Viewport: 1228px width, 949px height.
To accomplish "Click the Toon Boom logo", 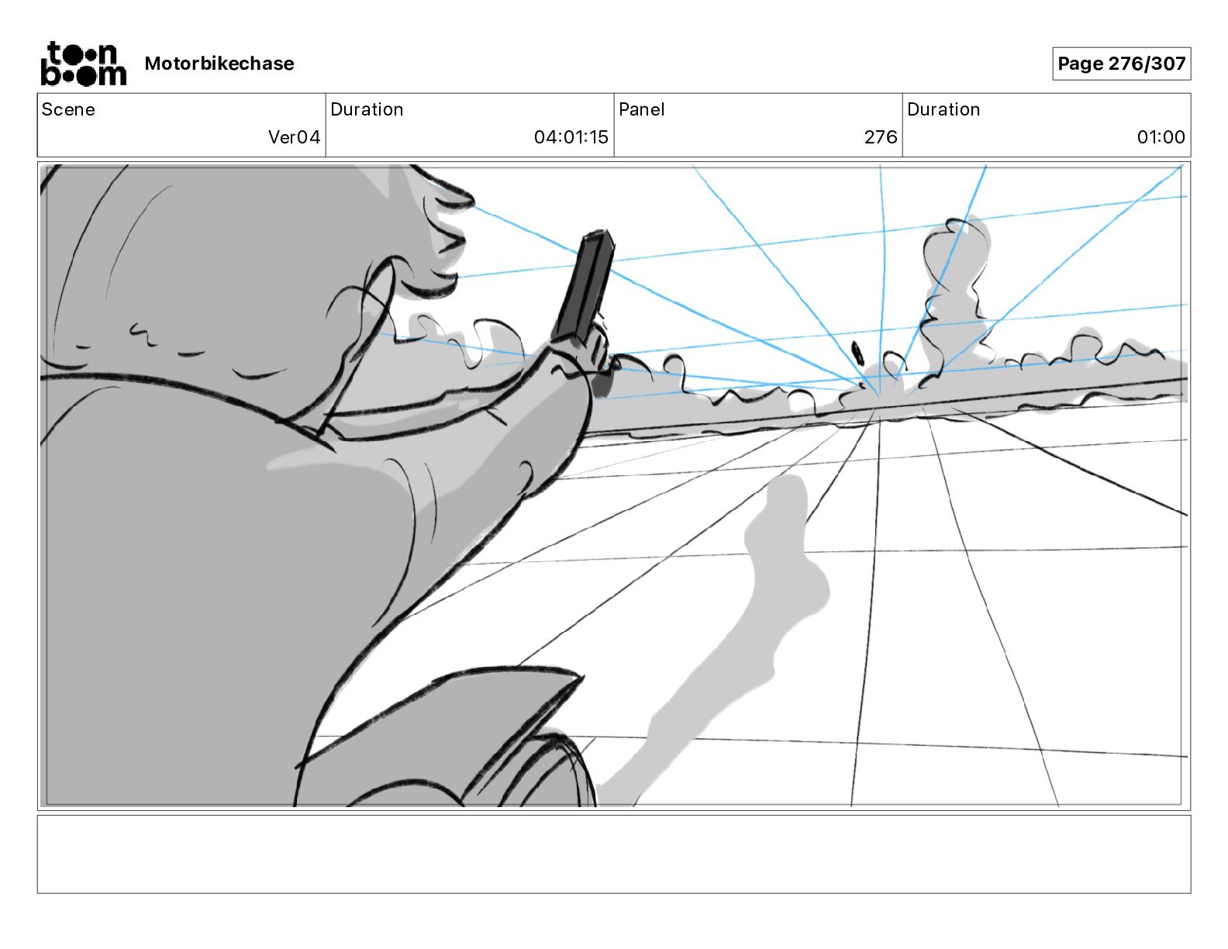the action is [83, 64].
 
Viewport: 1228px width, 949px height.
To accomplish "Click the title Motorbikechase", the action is [219, 64].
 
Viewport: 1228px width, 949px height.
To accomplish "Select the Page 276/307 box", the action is [1121, 64].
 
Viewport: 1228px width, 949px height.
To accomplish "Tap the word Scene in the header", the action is [68, 109].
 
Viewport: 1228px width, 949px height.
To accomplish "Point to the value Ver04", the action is [294, 137].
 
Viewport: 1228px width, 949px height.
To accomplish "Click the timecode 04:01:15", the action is [571, 137].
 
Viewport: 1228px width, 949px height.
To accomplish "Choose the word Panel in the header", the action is [641, 109].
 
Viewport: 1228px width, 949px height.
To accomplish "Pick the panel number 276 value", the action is [880, 137].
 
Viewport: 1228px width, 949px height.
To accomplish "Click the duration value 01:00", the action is [1161, 137].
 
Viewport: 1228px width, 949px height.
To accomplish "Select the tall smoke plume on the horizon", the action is [954, 287].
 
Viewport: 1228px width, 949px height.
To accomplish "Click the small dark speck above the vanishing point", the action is [858, 353].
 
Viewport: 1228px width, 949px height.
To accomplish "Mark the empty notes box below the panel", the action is [613, 854].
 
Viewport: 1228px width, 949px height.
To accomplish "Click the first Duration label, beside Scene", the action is [367, 109].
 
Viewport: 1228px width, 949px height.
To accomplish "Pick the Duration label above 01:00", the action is [943, 109].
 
